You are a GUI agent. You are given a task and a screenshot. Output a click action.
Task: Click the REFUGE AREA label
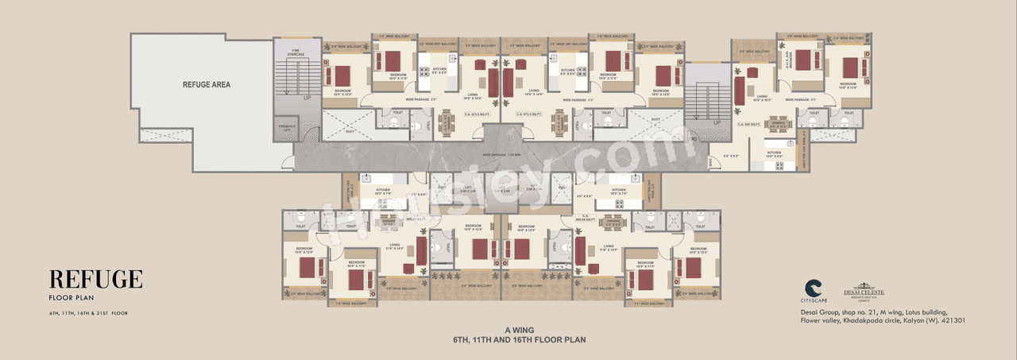click(207, 83)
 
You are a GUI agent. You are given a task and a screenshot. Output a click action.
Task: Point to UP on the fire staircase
click(307, 98)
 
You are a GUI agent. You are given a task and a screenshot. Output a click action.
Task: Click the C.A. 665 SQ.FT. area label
click(749, 124)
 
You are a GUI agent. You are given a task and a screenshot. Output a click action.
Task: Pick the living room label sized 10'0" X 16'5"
click(762, 99)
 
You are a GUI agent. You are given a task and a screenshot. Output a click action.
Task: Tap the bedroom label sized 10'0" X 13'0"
click(849, 86)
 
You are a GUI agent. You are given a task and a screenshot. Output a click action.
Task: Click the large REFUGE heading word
click(96, 280)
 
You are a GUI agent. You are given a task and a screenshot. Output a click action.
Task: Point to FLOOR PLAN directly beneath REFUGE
click(68, 299)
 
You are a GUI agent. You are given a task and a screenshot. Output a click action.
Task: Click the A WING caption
click(519, 330)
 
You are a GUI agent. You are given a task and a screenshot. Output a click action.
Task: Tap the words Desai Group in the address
click(818, 312)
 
